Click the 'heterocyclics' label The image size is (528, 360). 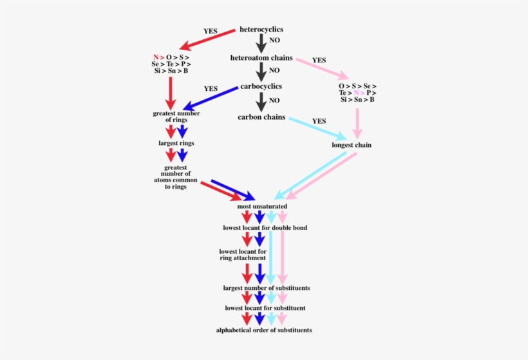tap(261, 30)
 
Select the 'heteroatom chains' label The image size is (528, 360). tap(261, 58)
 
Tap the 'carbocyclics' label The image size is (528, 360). tap(261, 86)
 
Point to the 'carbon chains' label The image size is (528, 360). tap(261, 117)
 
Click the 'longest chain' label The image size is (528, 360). tap(352, 145)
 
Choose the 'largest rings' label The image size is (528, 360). tap(176, 143)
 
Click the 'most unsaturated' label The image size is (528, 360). tap(262, 206)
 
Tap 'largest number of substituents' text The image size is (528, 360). tap(266, 287)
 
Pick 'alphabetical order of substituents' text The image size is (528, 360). tap(264, 330)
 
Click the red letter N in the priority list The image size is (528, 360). tap(156, 57)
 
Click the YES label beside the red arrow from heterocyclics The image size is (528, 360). tap(211, 31)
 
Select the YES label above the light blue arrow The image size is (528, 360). tap(319, 121)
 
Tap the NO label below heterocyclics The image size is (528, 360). tap(275, 41)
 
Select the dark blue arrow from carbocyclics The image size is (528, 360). tap(209, 97)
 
